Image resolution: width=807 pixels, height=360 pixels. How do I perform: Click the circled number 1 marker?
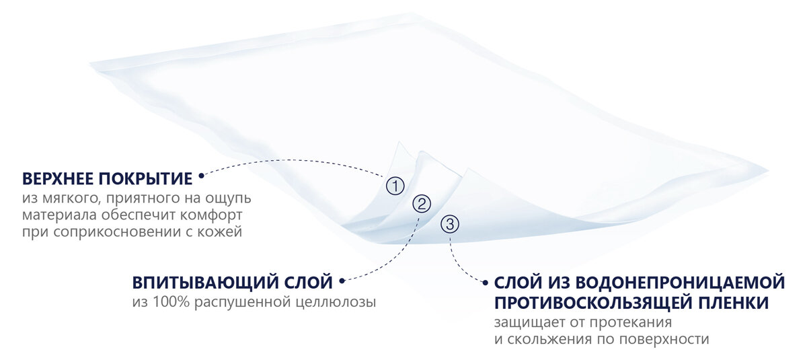[395, 185]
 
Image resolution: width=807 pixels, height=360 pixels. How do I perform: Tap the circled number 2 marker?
[422, 203]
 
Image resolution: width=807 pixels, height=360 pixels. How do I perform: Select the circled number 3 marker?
[450, 224]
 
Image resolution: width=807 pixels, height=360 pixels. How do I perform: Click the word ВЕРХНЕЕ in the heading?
[57, 178]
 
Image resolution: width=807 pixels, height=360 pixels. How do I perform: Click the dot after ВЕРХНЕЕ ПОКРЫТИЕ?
[200, 178]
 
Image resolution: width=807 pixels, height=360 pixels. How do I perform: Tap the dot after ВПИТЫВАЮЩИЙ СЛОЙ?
[342, 280]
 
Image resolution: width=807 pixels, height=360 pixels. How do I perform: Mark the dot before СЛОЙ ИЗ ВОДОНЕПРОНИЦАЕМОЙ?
[485, 281]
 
